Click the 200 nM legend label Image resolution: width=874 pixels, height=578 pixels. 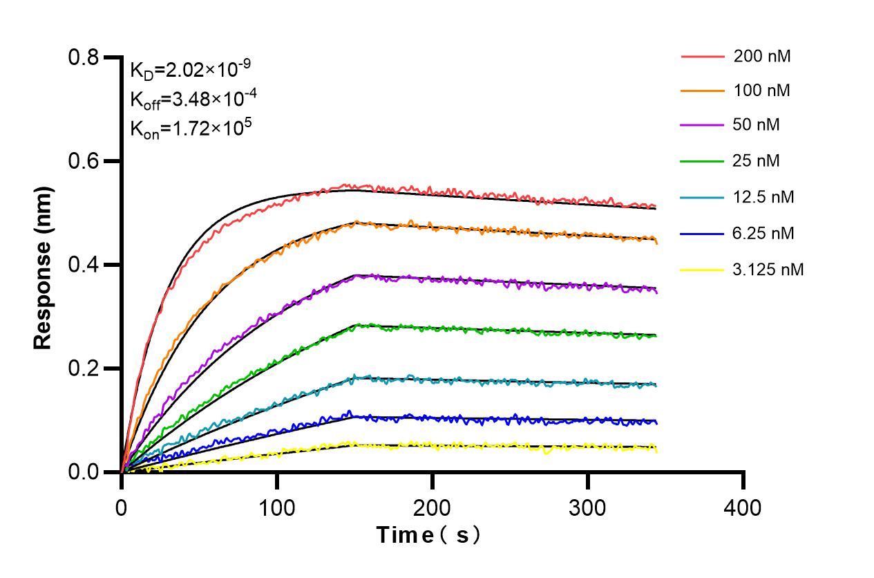tap(761, 56)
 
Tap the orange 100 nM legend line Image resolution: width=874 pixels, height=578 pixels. tap(702, 91)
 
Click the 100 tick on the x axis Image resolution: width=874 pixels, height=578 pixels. tap(277, 508)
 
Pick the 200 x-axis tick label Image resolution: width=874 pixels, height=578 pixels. tap(433, 508)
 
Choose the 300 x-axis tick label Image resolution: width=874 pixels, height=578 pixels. tap(588, 508)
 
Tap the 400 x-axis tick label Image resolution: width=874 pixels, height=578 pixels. tap(743, 508)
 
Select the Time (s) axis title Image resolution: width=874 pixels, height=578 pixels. tap(428, 535)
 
